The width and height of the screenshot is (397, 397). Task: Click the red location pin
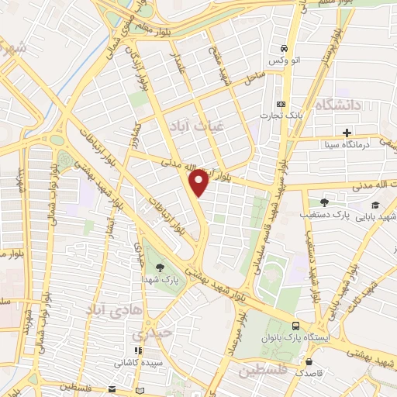pyautogui.click(x=200, y=181)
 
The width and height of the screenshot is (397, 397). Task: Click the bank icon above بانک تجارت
pyautogui.click(x=281, y=104)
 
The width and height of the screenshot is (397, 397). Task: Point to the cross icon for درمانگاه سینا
pyautogui.click(x=347, y=132)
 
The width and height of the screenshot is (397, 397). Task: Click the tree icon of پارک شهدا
pyautogui.click(x=158, y=266)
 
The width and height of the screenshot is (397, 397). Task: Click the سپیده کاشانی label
pyautogui.click(x=139, y=362)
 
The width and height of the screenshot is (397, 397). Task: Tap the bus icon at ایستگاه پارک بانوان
pyautogui.click(x=295, y=326)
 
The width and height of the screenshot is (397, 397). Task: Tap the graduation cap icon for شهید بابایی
pyautogui.click(x=375, y=205)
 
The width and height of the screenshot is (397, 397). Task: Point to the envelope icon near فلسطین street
pyautogui.click(x=112, y=388)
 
